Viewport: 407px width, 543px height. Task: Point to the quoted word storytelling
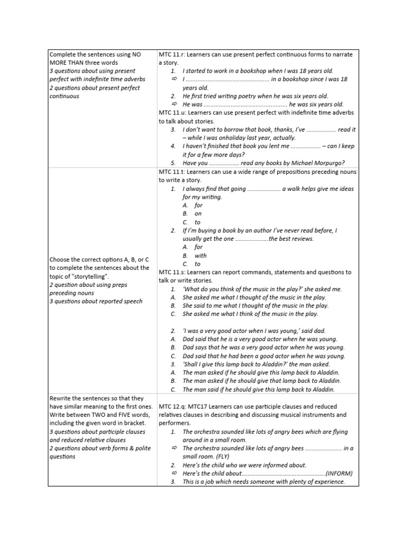(x=88, y=276)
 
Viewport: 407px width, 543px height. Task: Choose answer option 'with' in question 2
(x=201, y=256)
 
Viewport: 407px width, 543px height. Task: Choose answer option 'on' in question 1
(x=198, y=214)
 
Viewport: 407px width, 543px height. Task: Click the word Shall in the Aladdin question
(x=192, y=364)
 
